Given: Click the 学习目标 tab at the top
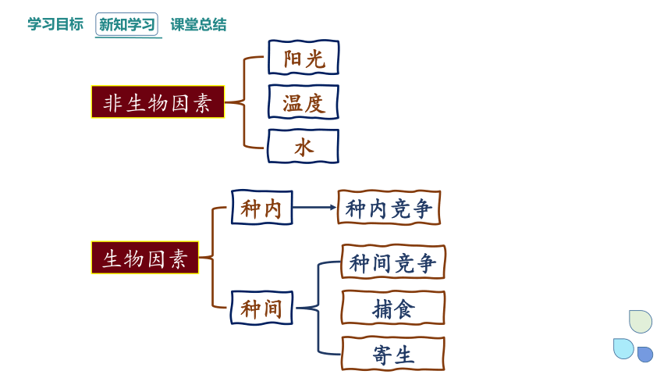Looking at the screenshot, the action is [x=55, y=24].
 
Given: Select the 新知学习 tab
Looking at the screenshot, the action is [x=126, y=24].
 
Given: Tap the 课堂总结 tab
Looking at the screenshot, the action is [x=198, y=24].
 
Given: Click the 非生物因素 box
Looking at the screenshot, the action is [x=158, y=102].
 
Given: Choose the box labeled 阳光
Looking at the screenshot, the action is [x=304, y=58].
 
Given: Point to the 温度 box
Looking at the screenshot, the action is [x=304, y=102].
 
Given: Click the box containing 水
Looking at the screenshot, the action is [x=304, y=147].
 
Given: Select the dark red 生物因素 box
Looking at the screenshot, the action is [x=145, y=258].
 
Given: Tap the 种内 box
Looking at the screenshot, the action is [x=262, y=208].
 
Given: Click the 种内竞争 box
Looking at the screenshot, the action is [x=389, y=208].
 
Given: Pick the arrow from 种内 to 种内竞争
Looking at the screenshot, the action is [x=314, y=208].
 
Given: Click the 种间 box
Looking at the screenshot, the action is [x=262, y=308].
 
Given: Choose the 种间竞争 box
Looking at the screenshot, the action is [x=393, y=262].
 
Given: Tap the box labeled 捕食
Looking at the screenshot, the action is [x=393, y=308].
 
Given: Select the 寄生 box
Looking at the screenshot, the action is [x=393, y=354].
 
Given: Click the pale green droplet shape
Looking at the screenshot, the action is [x=641, y=322].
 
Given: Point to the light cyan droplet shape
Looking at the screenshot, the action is [x=623, y=348].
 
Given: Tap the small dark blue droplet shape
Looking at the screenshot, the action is [x=645, y=355].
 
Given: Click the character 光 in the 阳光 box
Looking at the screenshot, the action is [x=315, y=59].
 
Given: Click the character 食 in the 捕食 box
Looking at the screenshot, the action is [x=404, y=308].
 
